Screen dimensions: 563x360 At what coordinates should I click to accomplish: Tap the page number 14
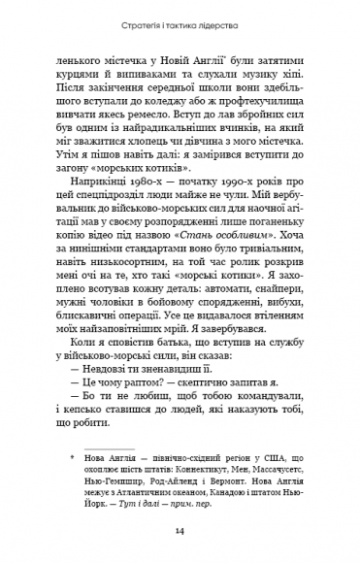point(180,530)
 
